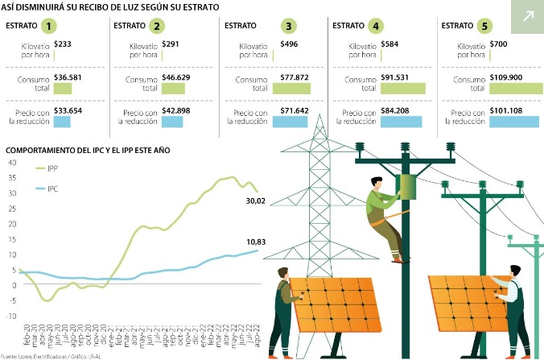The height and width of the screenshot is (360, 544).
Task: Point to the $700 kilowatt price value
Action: pyautogui.click(x=500, y=43)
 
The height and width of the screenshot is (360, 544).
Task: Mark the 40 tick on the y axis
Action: pyautogui.click(x=11, y=162)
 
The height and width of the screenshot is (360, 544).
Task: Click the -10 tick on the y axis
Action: pyautogui.click(x=10, y=316)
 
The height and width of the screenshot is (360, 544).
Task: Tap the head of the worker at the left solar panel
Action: pyautogui.click(x=282, y=275)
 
